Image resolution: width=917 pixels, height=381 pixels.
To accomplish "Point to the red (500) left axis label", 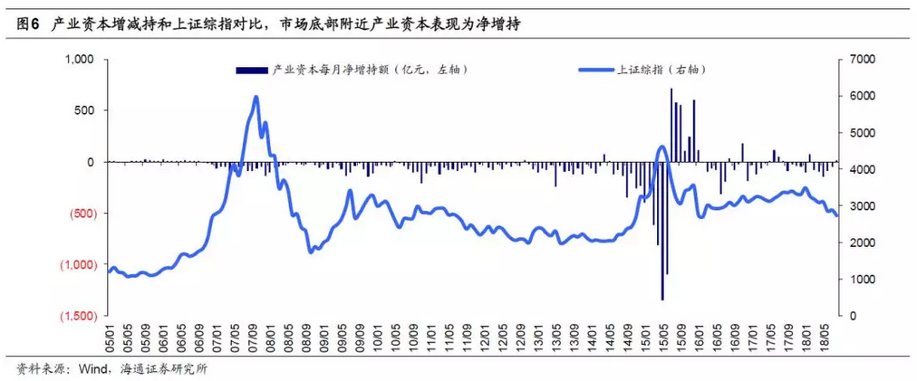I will (x=79, y=214).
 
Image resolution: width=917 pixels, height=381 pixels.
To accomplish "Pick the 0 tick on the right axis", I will (x=853, y=316).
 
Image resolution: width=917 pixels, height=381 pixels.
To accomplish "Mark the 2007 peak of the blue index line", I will (x=256, y=97).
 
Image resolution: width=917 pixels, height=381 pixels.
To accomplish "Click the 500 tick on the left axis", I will (x=85, y=110).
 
